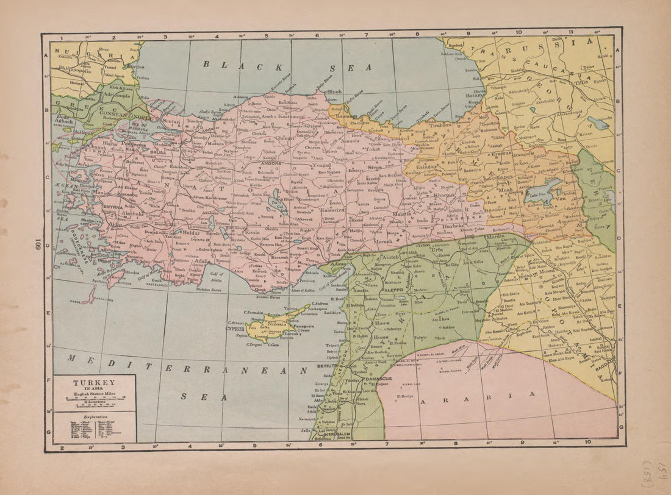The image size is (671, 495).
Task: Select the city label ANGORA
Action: coord(270,163)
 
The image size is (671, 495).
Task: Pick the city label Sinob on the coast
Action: coord(334,92)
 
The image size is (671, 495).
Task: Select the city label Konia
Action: coord(251,232)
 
